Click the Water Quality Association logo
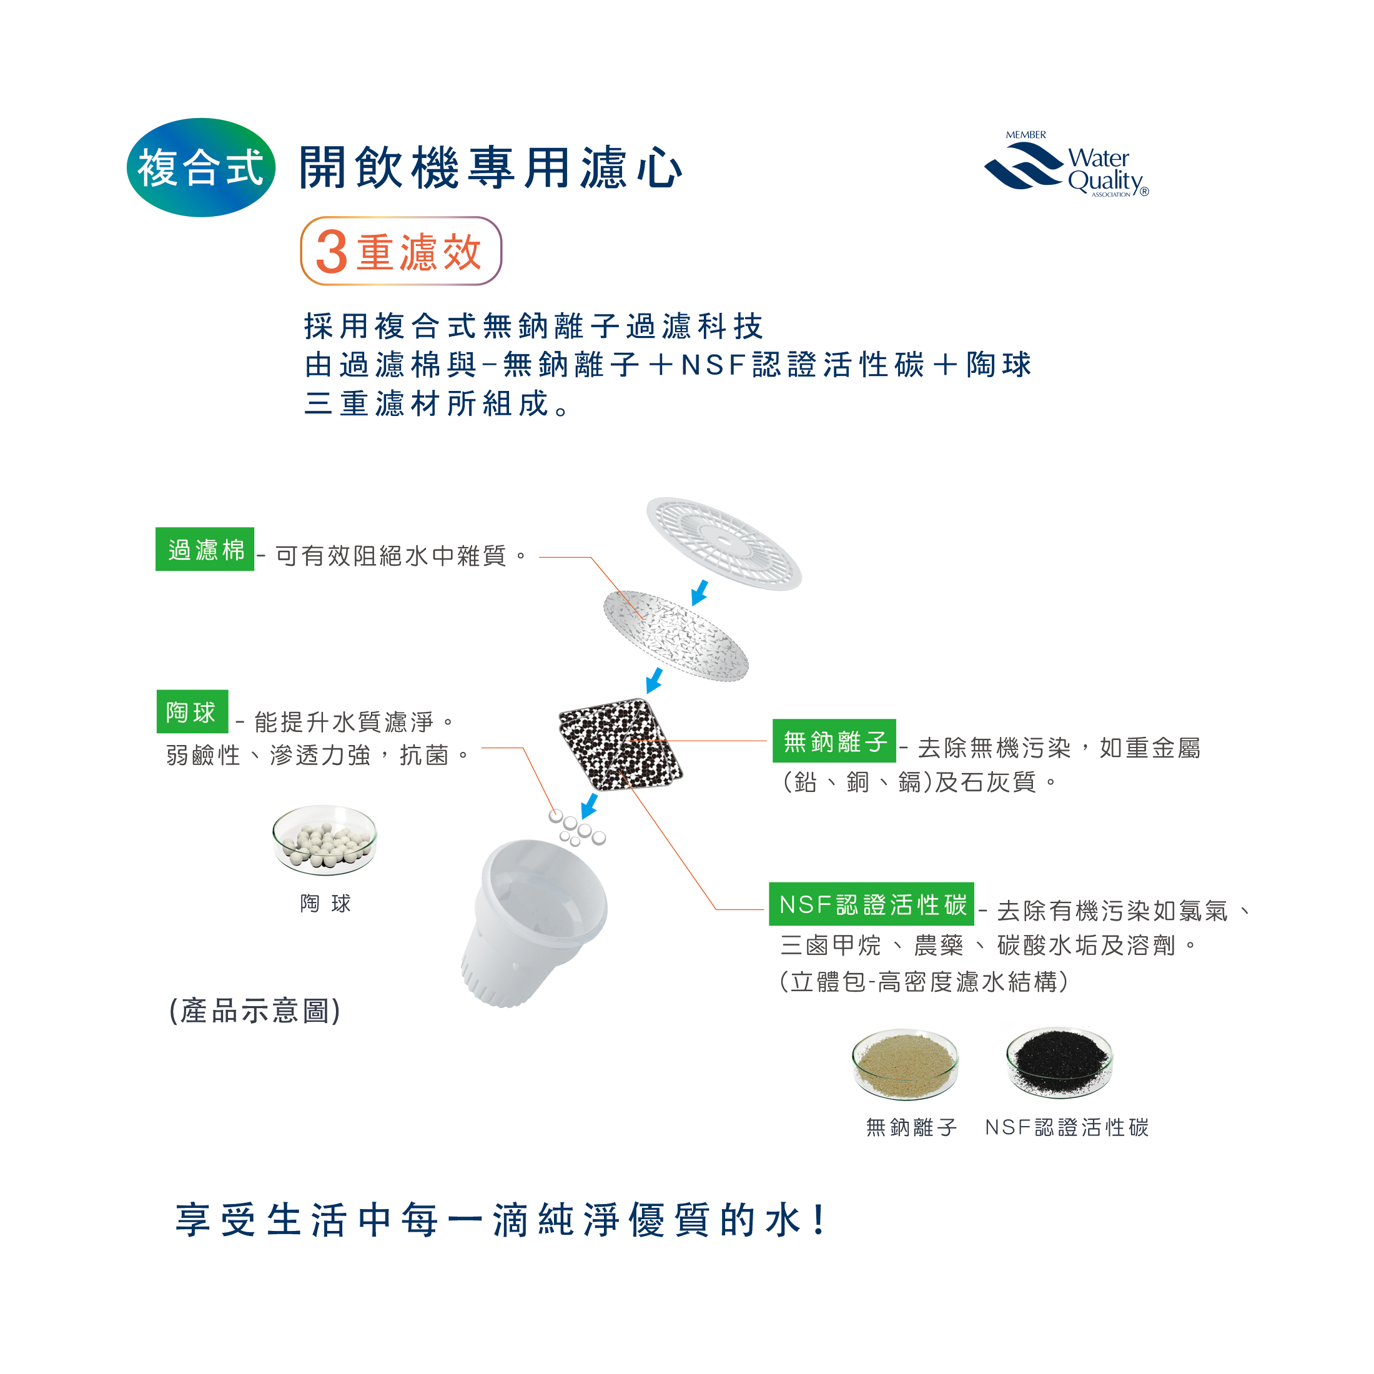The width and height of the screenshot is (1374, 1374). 1066,164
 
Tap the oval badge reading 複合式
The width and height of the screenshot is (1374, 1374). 201,168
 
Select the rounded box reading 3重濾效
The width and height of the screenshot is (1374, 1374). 401,251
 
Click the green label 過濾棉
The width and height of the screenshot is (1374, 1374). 205,549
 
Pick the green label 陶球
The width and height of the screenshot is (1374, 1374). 192,711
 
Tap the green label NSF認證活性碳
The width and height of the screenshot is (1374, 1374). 871,904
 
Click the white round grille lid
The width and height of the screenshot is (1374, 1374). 724,543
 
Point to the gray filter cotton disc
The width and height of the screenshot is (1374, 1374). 676,635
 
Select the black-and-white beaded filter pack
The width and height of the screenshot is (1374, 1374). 620,744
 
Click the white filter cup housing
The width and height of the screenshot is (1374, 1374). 533,922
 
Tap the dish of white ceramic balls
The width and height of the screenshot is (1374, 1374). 325,840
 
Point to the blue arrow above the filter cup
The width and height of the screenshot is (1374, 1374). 589,806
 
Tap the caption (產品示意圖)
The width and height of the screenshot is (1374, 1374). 255,1011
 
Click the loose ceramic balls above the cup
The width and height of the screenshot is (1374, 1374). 576,829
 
